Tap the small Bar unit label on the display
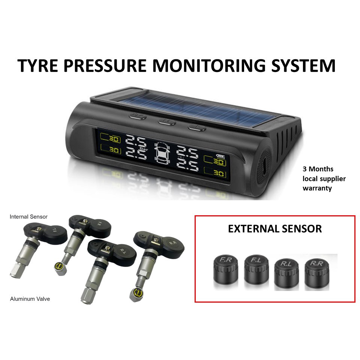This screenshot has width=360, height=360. pyautogui.click(x=142, y=148)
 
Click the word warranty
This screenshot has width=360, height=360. pyautogui.click(x=317, y=188)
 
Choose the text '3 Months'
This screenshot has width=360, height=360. pyautogui.click(x=318, y=169)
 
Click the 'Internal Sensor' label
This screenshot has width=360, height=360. pyautogui.click(x=28, y=217)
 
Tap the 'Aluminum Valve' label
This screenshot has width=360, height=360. pyautogui.click(x=30, y=299)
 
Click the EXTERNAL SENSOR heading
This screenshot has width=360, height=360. pyautogui.click(x=275, y=229)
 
